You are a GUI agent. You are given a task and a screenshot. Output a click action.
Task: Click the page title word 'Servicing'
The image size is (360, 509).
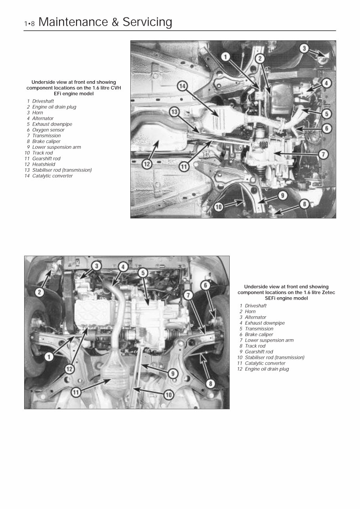[x=147, y=22]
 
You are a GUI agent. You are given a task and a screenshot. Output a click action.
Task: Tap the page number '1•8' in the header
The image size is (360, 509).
[x=29, y=24]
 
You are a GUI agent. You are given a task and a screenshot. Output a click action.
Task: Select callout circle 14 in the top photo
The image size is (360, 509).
[x=183, y=86]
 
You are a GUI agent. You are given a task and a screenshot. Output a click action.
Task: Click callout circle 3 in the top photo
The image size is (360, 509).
[x=304, y=49]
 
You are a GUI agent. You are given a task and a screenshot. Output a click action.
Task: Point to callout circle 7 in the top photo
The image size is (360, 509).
[x=324, y=154]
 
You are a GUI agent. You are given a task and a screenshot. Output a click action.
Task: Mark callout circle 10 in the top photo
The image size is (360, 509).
[x=219, y=206]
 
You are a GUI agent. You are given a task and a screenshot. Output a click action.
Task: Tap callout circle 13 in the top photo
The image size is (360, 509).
[x=174, y=112]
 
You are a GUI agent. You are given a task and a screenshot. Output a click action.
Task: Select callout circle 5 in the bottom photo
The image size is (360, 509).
[x=143, y=272]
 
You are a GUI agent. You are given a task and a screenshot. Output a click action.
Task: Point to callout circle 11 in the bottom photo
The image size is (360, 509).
[x=76, y=392]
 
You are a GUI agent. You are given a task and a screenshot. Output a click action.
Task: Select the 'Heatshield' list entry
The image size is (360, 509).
[x=44, y=164]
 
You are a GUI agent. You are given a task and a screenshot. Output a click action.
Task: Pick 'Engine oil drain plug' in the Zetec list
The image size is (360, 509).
[x=267, y=369]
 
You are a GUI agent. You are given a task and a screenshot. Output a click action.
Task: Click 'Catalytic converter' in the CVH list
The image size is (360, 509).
[x=52, y=176]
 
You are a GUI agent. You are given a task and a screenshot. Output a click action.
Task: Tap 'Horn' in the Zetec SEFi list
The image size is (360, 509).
[x=250, y=311]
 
